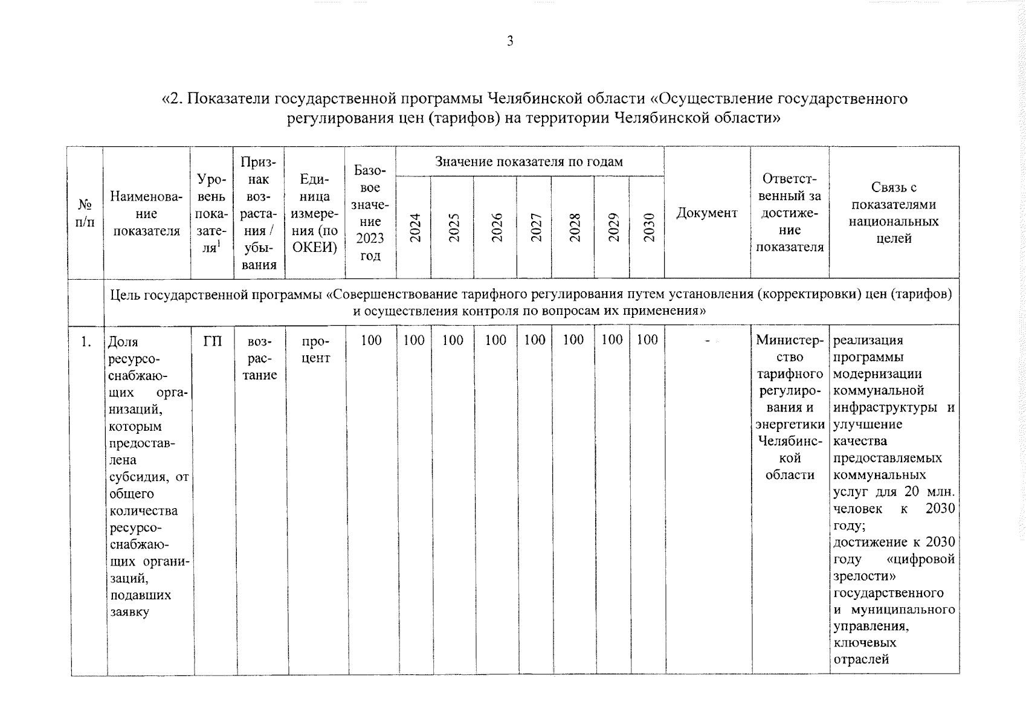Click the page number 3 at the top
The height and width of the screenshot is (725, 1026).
coord(510,41)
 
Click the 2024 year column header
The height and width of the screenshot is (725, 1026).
coord(415,228)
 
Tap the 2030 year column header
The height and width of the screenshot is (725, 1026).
coord(648,228)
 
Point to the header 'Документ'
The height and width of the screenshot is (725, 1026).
coord(706,213)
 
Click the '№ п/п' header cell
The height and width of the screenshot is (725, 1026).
coord(85,213)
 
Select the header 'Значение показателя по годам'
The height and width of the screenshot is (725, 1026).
coord(529,161)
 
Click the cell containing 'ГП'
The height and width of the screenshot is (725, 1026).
coord(213,341)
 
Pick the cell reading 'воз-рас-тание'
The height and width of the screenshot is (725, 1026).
coord(259,358)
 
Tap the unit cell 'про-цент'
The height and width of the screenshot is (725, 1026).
coord(315,350)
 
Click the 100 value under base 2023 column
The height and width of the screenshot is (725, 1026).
coord(371,340)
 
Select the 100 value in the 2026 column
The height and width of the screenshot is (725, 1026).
coord(495,340)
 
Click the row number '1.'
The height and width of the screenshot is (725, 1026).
coord(86,342)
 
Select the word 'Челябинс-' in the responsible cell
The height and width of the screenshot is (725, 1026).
coord(790,441)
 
